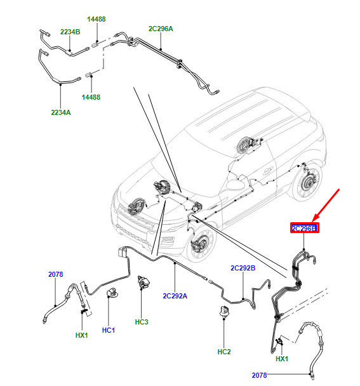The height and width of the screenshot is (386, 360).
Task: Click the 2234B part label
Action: [70, 32]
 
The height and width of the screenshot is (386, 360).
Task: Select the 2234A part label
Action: [61, 112]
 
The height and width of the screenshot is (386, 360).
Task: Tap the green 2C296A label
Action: [161, 29]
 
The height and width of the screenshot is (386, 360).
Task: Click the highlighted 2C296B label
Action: [304, 228]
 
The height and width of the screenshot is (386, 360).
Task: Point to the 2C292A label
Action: [175, 296]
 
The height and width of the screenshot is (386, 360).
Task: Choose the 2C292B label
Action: [243, 268]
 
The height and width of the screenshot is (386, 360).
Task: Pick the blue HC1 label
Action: [109, 330]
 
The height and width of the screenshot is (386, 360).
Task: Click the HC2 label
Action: [224, 352]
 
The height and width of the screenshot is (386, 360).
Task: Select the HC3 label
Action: [142, 322]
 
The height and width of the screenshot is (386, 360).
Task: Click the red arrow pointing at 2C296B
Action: [326, 205]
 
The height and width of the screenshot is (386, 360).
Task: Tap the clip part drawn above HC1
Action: [112, 292]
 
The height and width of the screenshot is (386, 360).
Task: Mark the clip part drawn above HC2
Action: [223, 312]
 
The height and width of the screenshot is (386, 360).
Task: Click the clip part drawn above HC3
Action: [144, 282]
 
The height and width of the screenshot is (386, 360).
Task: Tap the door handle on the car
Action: [267, 170]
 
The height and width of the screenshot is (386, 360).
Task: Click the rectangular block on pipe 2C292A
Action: [122, 252]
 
